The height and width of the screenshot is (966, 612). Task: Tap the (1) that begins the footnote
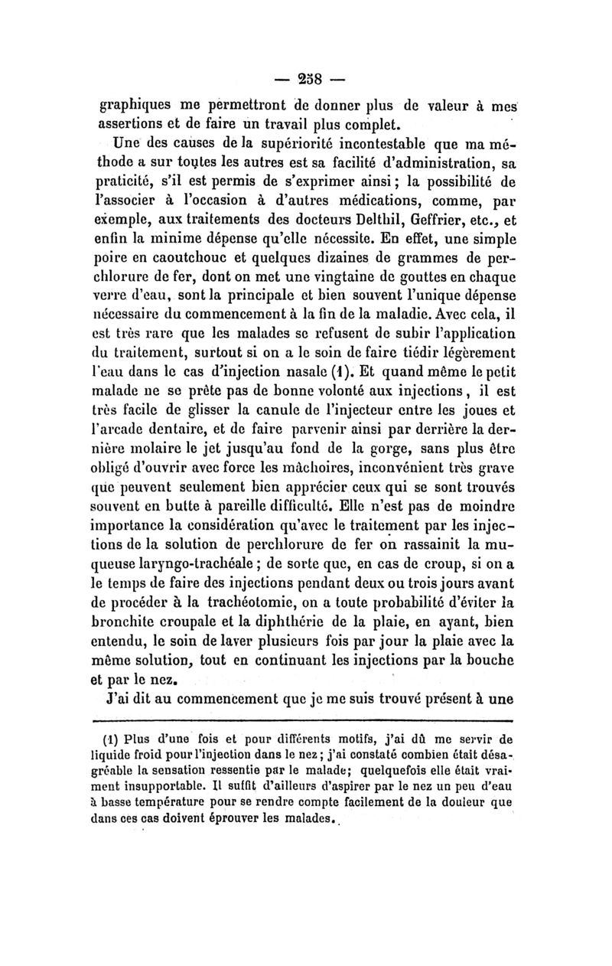[x=115, y=740]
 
